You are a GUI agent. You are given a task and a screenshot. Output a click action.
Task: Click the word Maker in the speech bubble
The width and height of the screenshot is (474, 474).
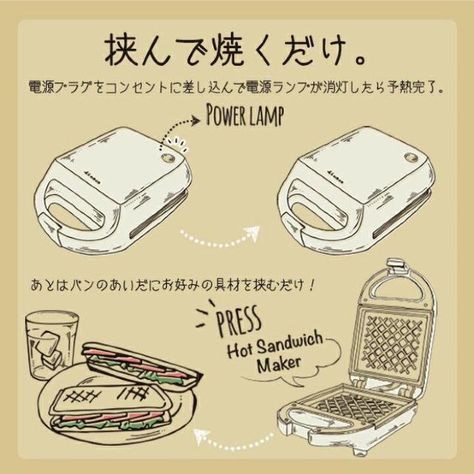click(x=278, y=364)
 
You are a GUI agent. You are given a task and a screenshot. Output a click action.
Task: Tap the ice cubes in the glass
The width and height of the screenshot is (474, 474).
click(x=48, y=349)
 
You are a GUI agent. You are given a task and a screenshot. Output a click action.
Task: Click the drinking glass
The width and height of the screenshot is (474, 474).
click(x=51, y=344)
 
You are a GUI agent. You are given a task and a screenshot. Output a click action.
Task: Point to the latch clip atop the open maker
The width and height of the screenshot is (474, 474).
click(x=397, y=265)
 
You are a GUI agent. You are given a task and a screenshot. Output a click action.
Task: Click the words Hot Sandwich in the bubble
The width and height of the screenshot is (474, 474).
click(x=275, y=345)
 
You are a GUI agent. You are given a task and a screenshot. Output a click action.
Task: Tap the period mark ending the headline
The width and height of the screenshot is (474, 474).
click(x=360, y=59)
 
